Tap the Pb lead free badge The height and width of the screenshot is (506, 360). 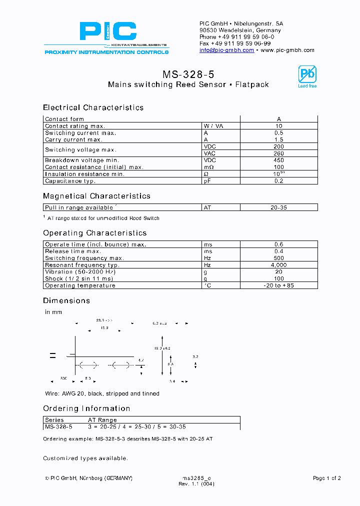pyautogui.click(x=307, y=76)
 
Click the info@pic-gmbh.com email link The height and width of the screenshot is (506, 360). pyautogui.click(x=226, y=50)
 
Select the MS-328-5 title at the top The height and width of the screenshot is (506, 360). pyautogui.click(x=188, y=74)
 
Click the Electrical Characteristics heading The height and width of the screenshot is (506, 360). pyautogui.click(x=93, y=107)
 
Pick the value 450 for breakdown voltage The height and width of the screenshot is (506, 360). pyautogui.click(x=278, y=160)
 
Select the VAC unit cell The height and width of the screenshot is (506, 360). pyautogui.click(x=209, y=153)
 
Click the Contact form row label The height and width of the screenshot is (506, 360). pyautogui.click(x=64, y=119)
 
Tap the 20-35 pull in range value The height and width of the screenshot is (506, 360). pyautogui.click(x=278, y=207)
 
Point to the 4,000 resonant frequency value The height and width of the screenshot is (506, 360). pyautogui.click(x=278, y=265)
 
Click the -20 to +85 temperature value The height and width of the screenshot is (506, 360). pyautogui.click(x=278, y=285)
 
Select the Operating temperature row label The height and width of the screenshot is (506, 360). pyautogui.click(x=80, y=285)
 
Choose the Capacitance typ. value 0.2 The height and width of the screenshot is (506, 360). pyautogui.click(x=278, y=181)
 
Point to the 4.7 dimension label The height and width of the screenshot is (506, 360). pyautogui.click(x=141, y=360)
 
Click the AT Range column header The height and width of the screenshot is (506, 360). pyautogui.click(x=102, y=420)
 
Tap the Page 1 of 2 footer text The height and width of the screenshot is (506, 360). pyautogui.click(x=326, y=478)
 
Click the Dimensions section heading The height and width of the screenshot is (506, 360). pyautogui.click(x=66, y=300)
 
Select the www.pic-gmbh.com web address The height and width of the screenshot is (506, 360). pyautogui.click(x=287, y=50)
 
